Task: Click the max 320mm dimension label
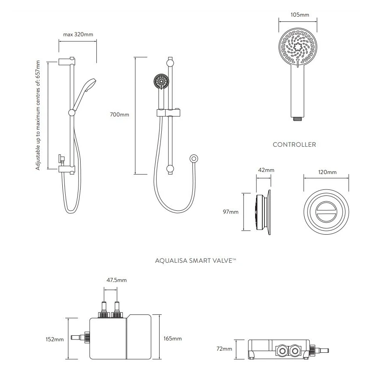[78, 35]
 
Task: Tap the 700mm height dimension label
[120, 115]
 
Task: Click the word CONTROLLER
[294, 145]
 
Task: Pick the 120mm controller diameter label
[327, 172]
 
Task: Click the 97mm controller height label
[231, 212]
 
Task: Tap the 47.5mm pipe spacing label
[116, 280]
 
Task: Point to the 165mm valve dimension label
[173, 339]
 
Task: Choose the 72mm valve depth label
[224, 349]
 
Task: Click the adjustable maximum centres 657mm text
[38, 115]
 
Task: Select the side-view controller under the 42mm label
[264, 212]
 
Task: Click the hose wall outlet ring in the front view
[194, 159]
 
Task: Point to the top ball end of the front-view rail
[171, 62]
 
